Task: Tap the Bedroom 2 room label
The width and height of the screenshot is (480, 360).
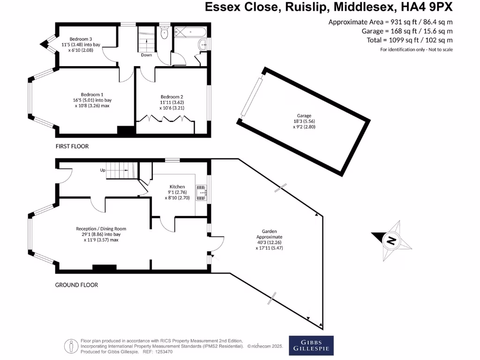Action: [x=171, y=102]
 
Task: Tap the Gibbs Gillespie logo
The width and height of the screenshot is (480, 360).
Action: [x=311, y=345]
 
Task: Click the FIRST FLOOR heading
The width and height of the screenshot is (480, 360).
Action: [x=72, y=146]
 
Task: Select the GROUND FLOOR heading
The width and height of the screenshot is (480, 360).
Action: [x=76, y=285]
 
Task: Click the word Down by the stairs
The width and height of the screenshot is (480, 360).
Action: [x=147, y=55]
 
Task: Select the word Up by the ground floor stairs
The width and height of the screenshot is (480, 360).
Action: [x=102, y=170]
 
